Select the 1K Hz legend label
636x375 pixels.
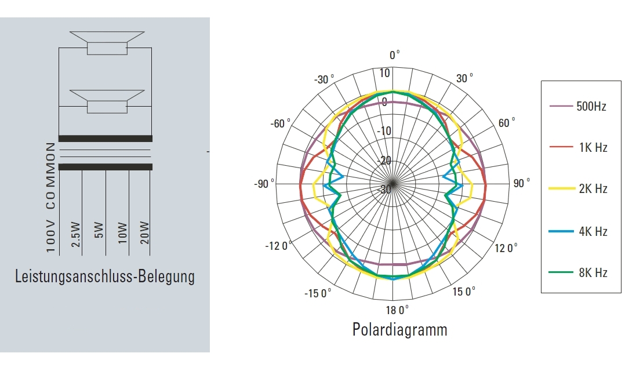point(593,148)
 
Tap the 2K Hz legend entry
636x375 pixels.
point(593,189)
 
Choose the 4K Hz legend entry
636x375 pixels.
point(593,231)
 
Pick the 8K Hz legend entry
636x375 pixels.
point(593,273)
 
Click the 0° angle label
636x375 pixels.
point(394,54)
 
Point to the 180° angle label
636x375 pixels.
point(397,310)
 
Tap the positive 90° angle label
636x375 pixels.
point(522,183)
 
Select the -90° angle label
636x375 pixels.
point(264,184)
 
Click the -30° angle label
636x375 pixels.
point(324,79)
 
